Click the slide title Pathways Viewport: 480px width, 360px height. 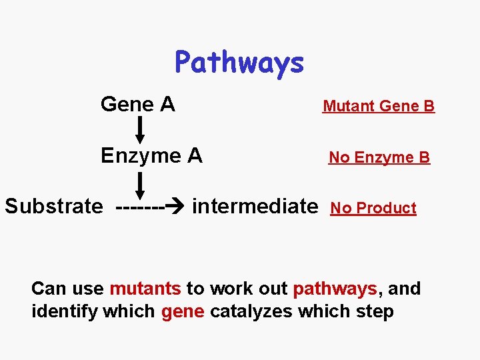point(239,63)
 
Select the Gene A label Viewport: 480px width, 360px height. point(137,104)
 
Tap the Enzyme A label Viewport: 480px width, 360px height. point(151,155)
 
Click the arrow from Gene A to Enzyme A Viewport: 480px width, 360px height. point(141,129)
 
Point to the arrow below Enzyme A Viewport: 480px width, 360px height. point(141,182)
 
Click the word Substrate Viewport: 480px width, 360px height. point(54,206)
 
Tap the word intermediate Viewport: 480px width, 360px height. point(255,206)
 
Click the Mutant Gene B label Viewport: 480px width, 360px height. point(378,106)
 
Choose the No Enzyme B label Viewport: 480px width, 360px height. point(379,157)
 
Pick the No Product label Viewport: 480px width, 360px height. point(373,208)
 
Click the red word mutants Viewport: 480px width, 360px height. point(145,289)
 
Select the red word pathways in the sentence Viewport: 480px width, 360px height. point(335,289)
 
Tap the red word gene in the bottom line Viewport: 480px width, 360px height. point(182,311)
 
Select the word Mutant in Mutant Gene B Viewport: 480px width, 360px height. point(348,106)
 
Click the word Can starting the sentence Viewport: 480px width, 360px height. point(48,289)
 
